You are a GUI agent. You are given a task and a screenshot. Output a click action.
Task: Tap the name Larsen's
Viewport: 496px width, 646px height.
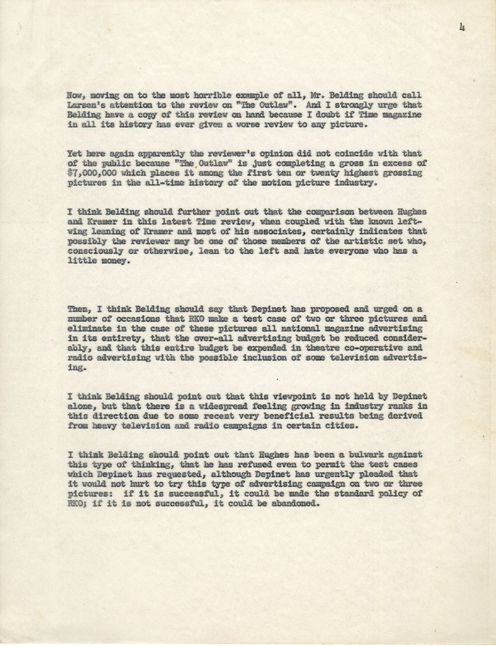[x=85, y=105]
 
